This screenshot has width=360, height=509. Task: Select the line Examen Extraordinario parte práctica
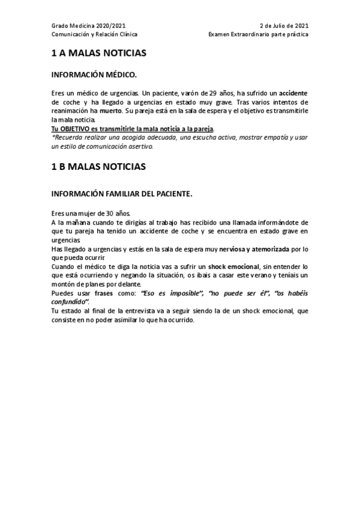(x=259, y=35)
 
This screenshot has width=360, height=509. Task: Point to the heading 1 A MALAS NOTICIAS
(x=98, y=53)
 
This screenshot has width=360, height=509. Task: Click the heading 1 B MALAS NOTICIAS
(x=98, y=167)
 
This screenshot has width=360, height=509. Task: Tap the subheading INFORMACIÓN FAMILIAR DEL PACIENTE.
(x=122, y=193)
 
